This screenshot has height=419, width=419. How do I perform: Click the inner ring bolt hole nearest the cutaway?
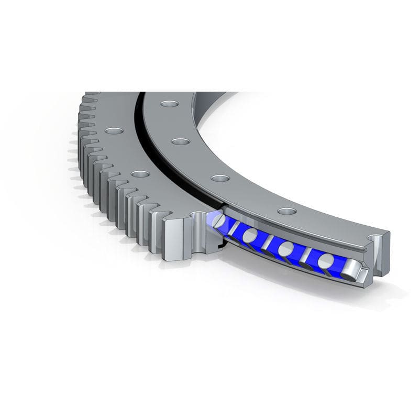(286, 211)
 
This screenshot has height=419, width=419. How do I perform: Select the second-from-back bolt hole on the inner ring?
(180, 141)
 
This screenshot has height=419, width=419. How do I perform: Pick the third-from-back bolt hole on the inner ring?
(220, 179)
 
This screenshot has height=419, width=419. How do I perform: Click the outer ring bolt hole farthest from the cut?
(112, 130)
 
